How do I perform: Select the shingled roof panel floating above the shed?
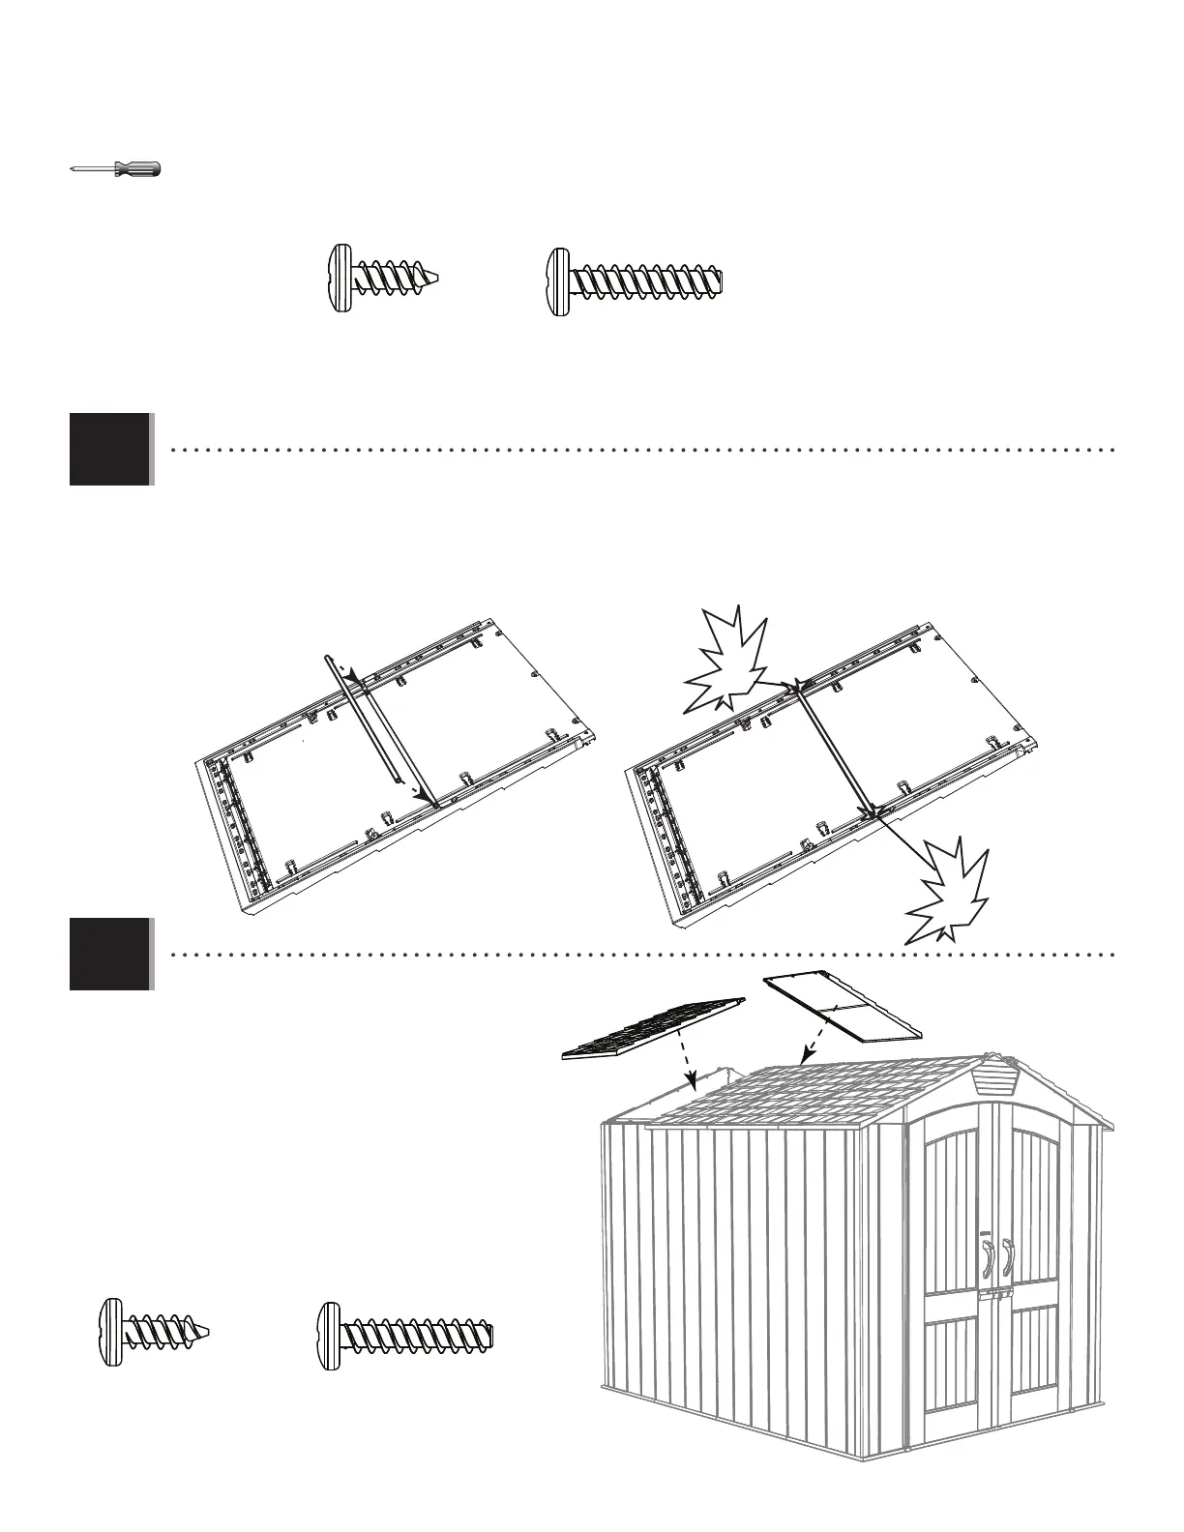point(654,1028)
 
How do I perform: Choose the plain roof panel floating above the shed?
point(842,1009)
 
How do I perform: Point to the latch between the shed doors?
point(997,1294)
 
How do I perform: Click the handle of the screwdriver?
point(137,169)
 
